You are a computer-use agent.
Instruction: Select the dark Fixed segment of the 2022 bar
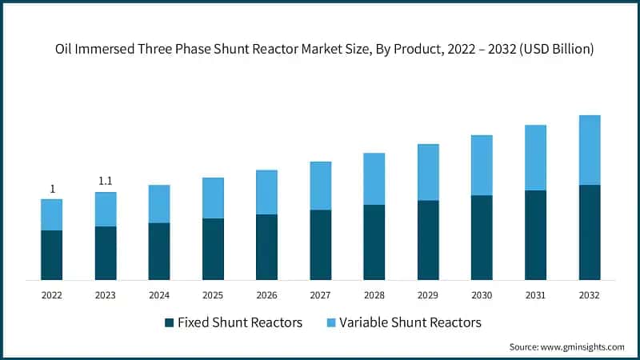coord(52,254)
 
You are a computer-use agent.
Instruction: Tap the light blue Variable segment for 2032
coord(590,150)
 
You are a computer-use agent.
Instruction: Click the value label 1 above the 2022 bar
coord(52,189)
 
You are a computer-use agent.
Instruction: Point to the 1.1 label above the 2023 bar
coord(106,182)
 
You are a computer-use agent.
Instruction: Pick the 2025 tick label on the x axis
coord(213,295)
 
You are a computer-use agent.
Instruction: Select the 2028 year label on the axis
coord(374,295)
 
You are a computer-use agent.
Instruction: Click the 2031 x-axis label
coord(536,295)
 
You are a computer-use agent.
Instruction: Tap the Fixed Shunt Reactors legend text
coord(240,322)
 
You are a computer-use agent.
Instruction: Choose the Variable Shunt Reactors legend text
coord(410,322)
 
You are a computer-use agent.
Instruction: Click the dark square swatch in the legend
coord(169,322)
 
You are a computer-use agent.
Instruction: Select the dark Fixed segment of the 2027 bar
coord(321,244)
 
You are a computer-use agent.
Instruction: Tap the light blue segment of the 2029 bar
coord(428,172)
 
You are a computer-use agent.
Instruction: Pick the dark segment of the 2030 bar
coord(482,237)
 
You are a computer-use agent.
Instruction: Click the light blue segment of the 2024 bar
coord(159,203)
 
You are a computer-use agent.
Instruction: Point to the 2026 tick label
coord(266,295)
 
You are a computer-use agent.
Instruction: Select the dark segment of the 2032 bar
coord(590,232)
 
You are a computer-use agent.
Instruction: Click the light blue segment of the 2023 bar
coord(106,209)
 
